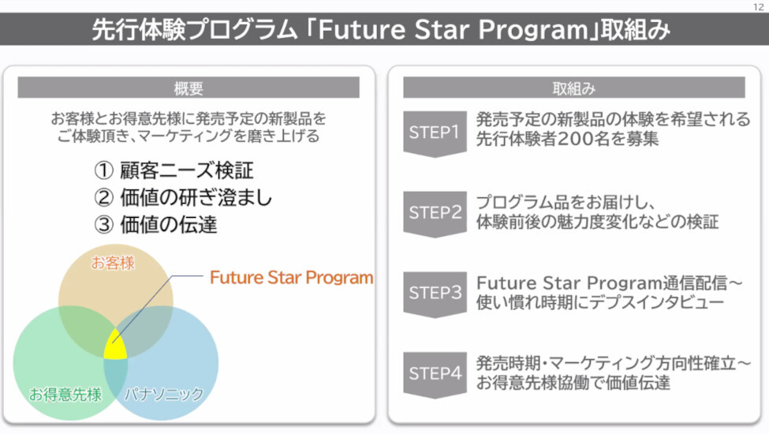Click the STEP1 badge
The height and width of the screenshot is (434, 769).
click(x=435, y=133)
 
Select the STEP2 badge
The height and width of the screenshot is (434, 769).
click(x=435, y=214)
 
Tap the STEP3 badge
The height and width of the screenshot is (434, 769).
click(x=435, y=294)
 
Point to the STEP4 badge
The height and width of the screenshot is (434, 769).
click(x=435, y=374)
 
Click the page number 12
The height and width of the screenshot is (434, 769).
click(x=758, y=7)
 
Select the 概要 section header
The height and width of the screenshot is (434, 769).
click(x=189, y=88)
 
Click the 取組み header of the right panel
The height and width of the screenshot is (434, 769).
click(x=574, y=88)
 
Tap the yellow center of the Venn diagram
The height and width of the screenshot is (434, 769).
click(x=115, y=346)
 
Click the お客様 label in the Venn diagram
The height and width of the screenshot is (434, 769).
click(x=113, y=263)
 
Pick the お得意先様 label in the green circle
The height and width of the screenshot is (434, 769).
click(x=65, y=394)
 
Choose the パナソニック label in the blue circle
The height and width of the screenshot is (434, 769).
click(x=164, y=394)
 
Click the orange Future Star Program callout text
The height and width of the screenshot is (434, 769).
click(x=291, y=278)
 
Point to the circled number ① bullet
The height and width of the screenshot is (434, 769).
click(x=103, y=170)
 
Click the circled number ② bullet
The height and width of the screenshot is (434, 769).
click(x=103, y=197)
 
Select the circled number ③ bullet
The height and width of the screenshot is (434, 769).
click(x=103, y=225)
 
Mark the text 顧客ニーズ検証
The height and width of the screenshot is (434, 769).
click(x=187, y=170)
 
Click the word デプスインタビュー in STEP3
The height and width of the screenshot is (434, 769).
click(x=657, y=302)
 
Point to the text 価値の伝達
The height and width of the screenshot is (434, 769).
click(x=169, y=225)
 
